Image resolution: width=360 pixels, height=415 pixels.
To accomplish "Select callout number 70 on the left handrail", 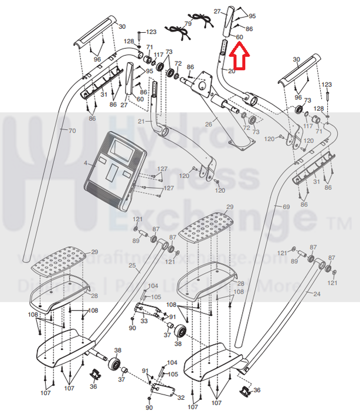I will pyautogui.click(x=73, y=130).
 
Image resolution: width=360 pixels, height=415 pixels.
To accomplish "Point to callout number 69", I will pyautogui.click(x=286, y=207).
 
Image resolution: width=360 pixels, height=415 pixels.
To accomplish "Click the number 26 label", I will pyautogui.click(x=208, y=124).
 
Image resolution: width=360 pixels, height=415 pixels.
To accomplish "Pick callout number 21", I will pyautogui.click(x=140, y=121).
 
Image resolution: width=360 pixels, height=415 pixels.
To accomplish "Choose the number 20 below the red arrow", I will pyautogui.click(x=232, y=71).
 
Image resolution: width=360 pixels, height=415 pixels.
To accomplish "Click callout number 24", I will pyautogui.click(x=317, y=294).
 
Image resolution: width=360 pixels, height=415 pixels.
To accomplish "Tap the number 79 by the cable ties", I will pyautogui.click(x=188, y=24).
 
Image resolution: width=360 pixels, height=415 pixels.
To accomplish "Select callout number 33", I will pyautogui.click(x=144, y=321).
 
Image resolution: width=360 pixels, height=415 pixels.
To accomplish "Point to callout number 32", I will pyautogui.click(x=180, y=397).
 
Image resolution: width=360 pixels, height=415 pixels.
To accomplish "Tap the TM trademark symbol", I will pyautogui.click(x=340, y=223).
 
